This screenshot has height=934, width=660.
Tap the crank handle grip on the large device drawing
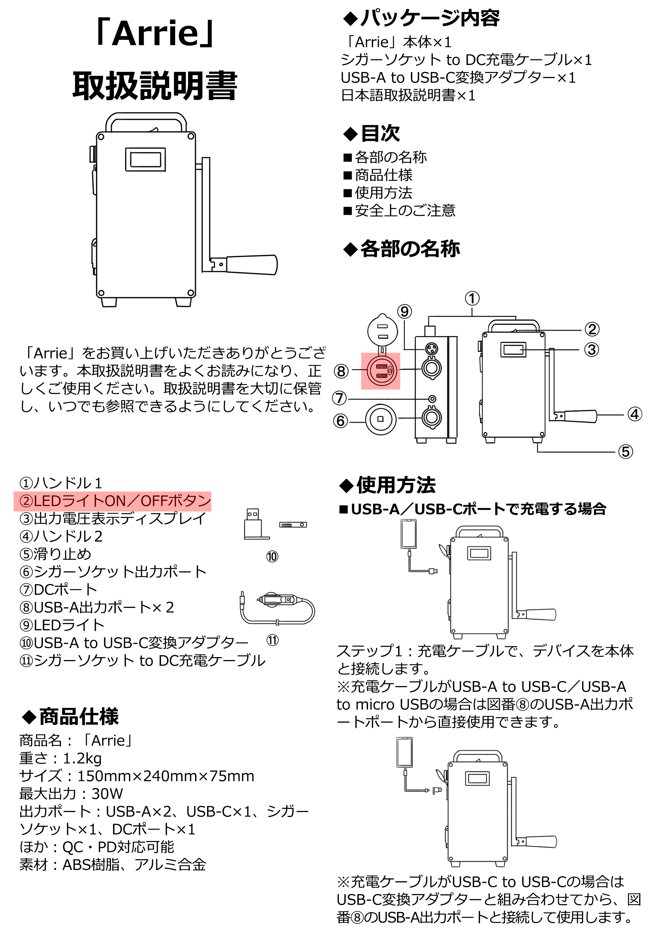pyautogui.click(x=252, y=265)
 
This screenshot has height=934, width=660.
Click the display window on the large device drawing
pyautogui.click(x=145, y=159)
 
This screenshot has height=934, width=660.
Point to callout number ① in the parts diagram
pyautogui.click(x=472, y=298)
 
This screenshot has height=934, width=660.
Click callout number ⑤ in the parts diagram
pyautogui.click(x=625, y=452)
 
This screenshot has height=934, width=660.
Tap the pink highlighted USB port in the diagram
pyautogui.click(x=381, y=371)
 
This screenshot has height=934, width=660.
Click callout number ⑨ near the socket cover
pyautogui.click(x=404, y=312)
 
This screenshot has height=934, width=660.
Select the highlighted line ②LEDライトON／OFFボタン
pyautogui.click(x=113, y=501)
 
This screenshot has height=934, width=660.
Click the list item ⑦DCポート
pyautogui.click(x=58, y=589)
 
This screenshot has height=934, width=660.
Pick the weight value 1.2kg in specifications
pyautogui.click(x=82, y=758)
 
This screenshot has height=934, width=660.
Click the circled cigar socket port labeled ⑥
pyautogui.click(x=380, y=419)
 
